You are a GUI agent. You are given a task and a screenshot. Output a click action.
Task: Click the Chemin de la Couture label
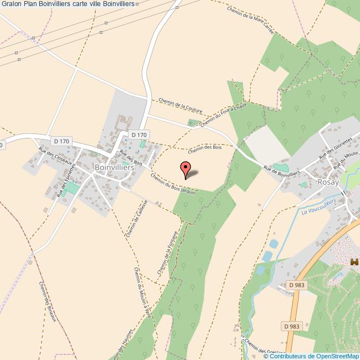coord(180,105)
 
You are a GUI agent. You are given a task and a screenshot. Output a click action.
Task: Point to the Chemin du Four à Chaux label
coord(224,116)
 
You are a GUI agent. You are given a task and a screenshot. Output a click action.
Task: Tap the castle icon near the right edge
coord(354,261)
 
